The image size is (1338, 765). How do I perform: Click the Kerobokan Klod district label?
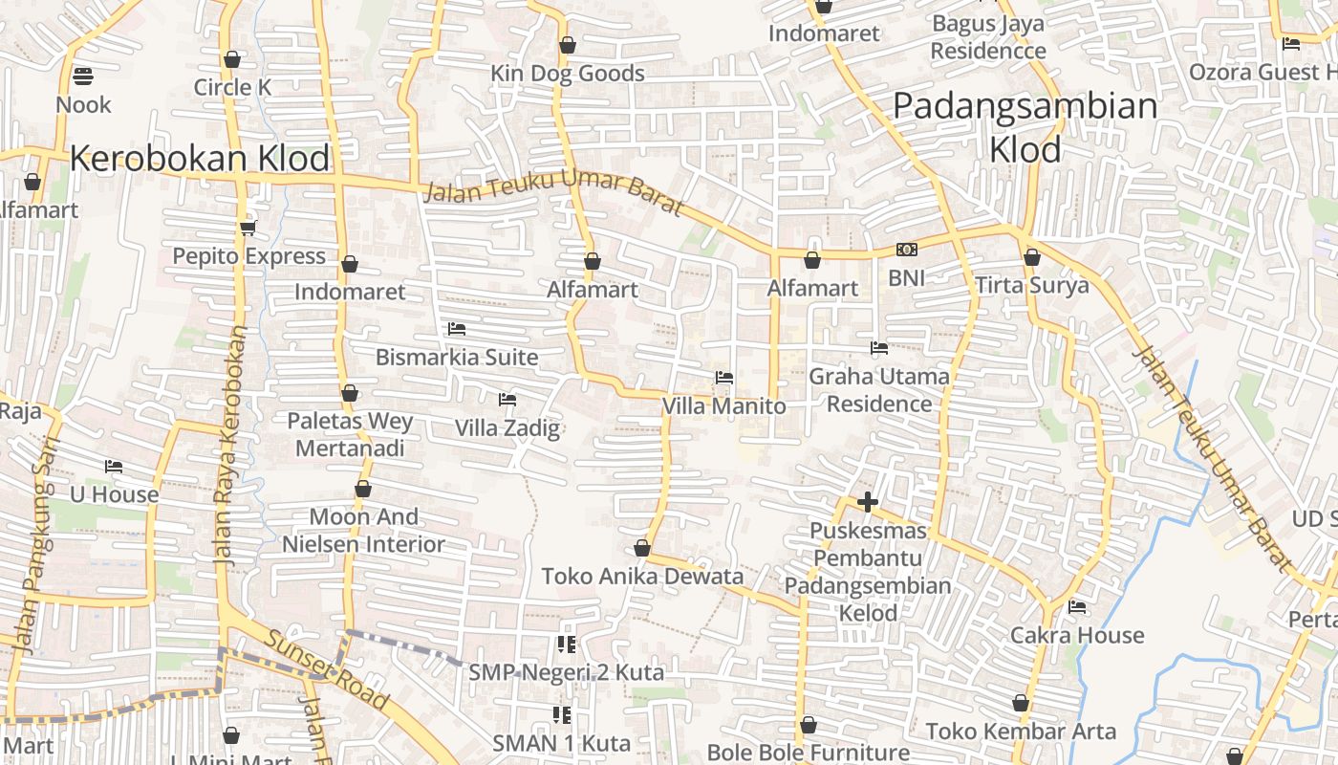tap(200, 158)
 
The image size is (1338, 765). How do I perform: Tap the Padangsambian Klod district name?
tap(1025, 127)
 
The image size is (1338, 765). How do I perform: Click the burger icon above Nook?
tap(83, 76)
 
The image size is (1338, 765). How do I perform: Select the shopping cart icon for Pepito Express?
tap(248, 227)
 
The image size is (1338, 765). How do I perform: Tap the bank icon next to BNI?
tap(906, 250)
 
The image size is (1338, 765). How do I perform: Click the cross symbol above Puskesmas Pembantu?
tap(867, 501)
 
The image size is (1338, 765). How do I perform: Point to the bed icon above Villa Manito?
tap(724, 378)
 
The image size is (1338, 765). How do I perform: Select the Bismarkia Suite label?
tap(457, 358)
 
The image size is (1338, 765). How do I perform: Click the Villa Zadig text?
tap(507, 427)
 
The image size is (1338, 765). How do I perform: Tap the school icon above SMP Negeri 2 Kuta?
tap(566, 645)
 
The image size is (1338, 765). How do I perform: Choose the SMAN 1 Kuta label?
tap(561, 743)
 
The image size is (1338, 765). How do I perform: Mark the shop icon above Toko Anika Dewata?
tap(642, 548)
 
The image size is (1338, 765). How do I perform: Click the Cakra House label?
tap(1077, 635)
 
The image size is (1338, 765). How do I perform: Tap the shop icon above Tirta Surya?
tap(1031, 256)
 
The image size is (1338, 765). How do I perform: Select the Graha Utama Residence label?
tap(879, 390)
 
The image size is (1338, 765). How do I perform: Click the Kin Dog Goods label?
tap(568, 74)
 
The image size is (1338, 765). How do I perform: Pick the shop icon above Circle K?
tap(231, 59)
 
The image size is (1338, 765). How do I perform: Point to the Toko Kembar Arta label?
tap(1021, 732)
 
